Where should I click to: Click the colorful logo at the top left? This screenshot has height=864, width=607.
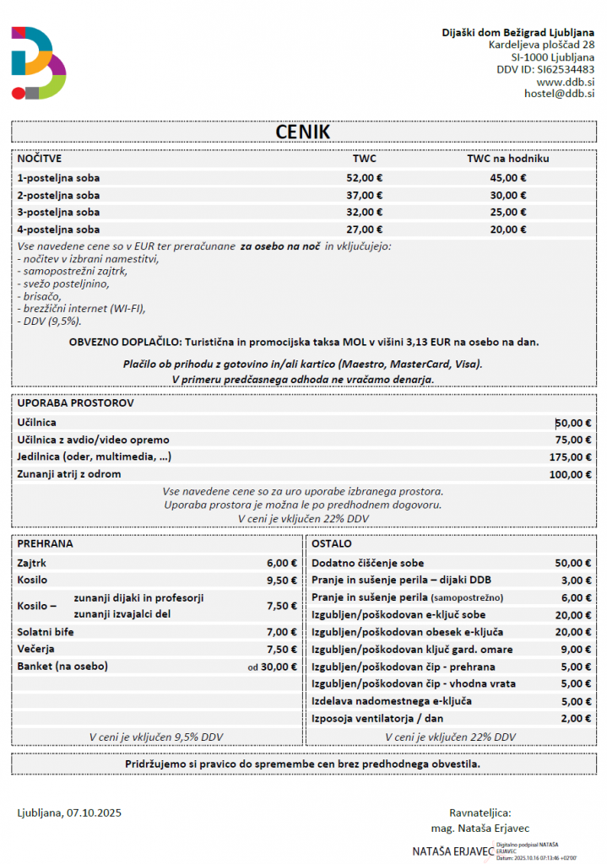coord(38,62)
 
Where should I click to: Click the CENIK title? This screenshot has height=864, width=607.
coord(303,132)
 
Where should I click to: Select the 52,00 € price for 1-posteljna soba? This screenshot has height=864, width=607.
coord(365,178)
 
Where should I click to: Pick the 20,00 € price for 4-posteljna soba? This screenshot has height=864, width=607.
coord(508,229)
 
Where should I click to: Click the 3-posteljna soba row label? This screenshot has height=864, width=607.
coord(58,213)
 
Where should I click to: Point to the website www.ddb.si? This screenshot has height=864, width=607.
coord(566,82)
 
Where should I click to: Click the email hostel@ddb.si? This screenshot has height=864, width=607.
coord(559,94)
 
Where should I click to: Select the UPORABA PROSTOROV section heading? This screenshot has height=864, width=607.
coord(75,403)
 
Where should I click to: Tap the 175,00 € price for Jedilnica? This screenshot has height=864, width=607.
coord(570,457)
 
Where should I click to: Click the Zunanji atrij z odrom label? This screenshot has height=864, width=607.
coord(69,474)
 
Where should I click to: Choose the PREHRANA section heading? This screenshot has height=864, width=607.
coord(45,544)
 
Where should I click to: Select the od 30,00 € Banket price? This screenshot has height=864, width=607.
coord(272,667)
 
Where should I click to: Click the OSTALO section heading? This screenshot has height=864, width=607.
coord(332,544)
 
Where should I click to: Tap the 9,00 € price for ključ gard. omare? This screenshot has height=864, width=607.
coord(576,650)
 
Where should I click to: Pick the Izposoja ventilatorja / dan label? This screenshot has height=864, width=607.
coord(378,719)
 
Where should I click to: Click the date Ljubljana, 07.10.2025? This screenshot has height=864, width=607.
coord(70,813)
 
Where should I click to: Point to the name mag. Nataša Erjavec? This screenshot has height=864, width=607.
coord(480,829)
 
